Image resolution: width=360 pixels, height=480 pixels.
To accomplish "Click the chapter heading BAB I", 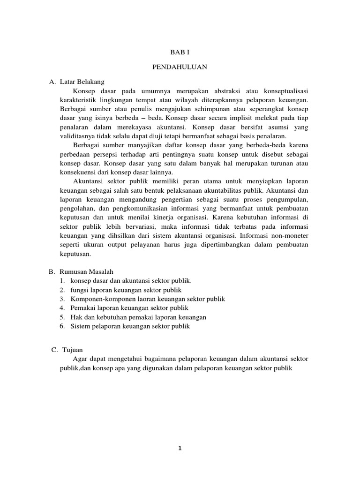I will [x=180, y=53].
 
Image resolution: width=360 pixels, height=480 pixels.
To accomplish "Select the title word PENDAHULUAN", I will [x=180, y=67].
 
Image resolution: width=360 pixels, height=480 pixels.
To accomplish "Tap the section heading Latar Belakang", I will [x=82, y=82].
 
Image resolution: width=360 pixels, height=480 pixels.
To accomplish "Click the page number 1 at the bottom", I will [x=180, y=448].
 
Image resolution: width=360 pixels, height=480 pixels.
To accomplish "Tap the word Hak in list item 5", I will [x=75, y=317].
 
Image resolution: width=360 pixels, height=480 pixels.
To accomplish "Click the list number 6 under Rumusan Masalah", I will [x=61, y=326].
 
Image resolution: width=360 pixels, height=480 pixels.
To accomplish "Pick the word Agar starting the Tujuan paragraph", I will [x=81, y=359].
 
